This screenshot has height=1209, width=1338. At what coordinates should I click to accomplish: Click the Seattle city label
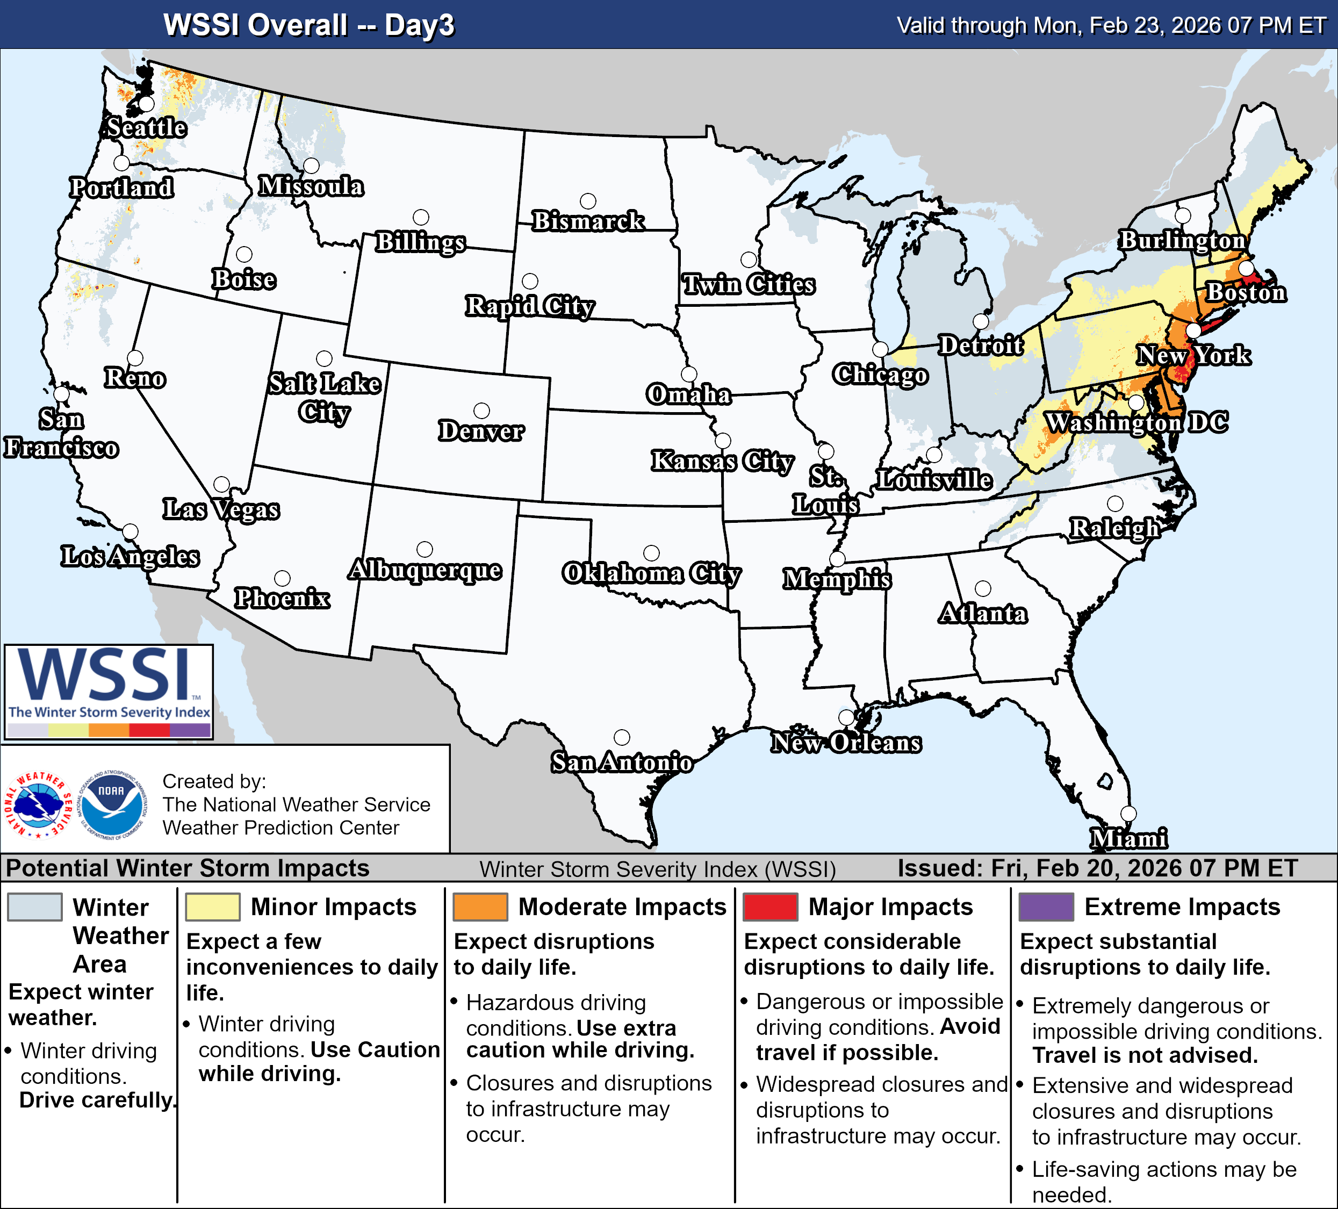[x=147, y=127]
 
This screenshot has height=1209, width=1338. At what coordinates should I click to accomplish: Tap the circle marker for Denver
[x=482, y=411]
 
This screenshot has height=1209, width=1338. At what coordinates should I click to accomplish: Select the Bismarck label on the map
[x=588, y=221]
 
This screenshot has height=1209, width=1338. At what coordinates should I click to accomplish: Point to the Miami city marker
[x=1128, y=814]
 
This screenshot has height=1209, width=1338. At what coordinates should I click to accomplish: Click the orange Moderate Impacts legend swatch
[x=480, y=907]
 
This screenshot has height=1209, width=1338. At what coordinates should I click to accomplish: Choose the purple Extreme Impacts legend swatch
[x=1046, y=907]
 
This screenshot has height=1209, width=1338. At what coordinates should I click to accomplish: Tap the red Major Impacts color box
[x=770, y=907]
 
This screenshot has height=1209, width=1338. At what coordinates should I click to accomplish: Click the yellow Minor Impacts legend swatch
[x=212, y=907]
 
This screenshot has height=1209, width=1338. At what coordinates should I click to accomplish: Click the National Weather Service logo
[x=39, y=804]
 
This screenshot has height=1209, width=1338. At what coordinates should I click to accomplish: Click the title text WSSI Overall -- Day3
[x=308, y=25]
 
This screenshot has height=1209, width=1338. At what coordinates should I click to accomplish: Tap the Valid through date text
[x=1111, y=25]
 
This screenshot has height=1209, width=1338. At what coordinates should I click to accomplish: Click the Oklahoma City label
[x=652, y=573]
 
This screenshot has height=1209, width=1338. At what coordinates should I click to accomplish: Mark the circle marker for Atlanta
[x=983, y=588]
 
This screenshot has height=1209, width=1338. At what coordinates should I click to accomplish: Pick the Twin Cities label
[x=749, y=285]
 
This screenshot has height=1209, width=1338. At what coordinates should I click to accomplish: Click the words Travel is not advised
[x=1145, y=1055]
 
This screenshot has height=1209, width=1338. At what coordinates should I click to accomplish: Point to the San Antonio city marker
[x=622, y=737]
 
